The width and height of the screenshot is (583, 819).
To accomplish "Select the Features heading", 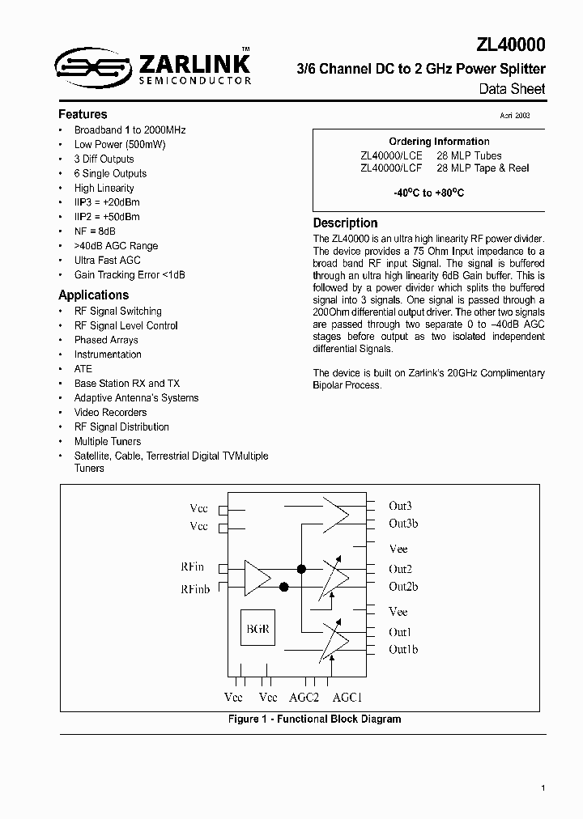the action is (x=83, y=114).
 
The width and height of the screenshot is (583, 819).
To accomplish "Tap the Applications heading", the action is (x=93, y=295).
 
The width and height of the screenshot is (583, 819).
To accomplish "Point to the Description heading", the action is (x=345, y=223).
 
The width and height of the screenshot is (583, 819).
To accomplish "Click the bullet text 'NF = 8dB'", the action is (x=95, y=231).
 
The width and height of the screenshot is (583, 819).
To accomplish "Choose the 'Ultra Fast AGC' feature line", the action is (x=107, y=261).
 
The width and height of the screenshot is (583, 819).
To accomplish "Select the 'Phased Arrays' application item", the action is (x=106, y=340).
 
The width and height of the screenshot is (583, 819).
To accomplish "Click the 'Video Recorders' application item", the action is (x=110, y=413).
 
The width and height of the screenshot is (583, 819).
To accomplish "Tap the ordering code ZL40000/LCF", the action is (x=392, y=168).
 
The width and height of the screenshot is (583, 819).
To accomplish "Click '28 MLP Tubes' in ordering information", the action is (x=469, y=155).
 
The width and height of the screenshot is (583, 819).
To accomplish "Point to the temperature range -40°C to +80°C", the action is (x=428, y=194).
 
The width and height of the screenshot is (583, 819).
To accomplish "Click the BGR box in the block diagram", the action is (x=257, y=629).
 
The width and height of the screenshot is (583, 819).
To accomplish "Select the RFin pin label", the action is (x=194, y=567).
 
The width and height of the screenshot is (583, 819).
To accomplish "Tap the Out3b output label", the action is (x=403, y=524).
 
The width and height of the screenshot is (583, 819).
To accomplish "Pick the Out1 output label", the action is (x=400, y=632).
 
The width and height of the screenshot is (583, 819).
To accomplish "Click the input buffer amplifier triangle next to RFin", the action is (x=257, y=577).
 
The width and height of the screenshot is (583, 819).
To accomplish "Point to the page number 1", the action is (x=543, y=787).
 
